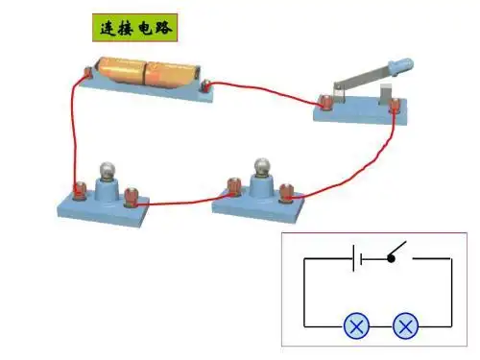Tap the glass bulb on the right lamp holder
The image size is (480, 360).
coord(261,167)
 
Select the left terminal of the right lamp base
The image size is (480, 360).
coord(231,184)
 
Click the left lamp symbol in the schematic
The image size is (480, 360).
coord(357,326)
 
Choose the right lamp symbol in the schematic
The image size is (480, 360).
coord(407,326)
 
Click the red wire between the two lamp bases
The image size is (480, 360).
coord(182,202)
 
